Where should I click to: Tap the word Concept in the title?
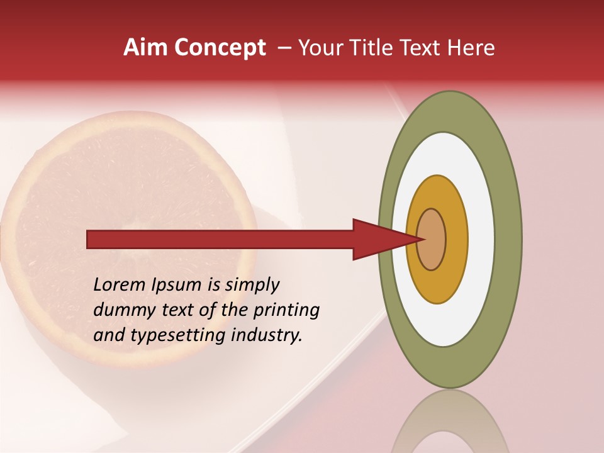coord(220,48)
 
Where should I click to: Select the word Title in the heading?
coord(376,48)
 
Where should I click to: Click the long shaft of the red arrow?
coord(220,239)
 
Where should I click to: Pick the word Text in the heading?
coord(423,48)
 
